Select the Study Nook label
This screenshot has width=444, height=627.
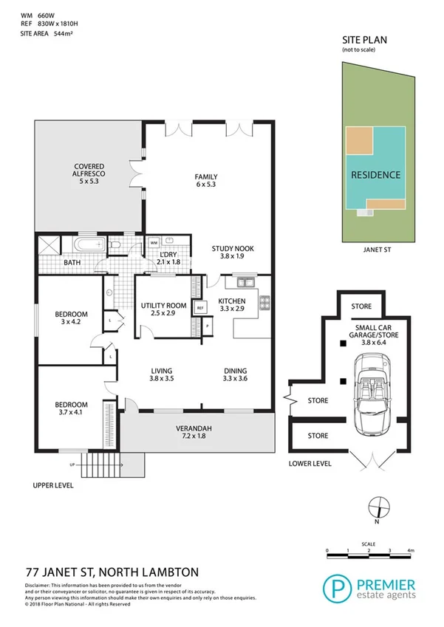point(233,253)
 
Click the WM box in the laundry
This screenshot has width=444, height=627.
point(154,241)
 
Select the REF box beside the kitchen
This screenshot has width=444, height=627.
point(199,308)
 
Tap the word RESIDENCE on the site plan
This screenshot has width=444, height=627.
point(375,175)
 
